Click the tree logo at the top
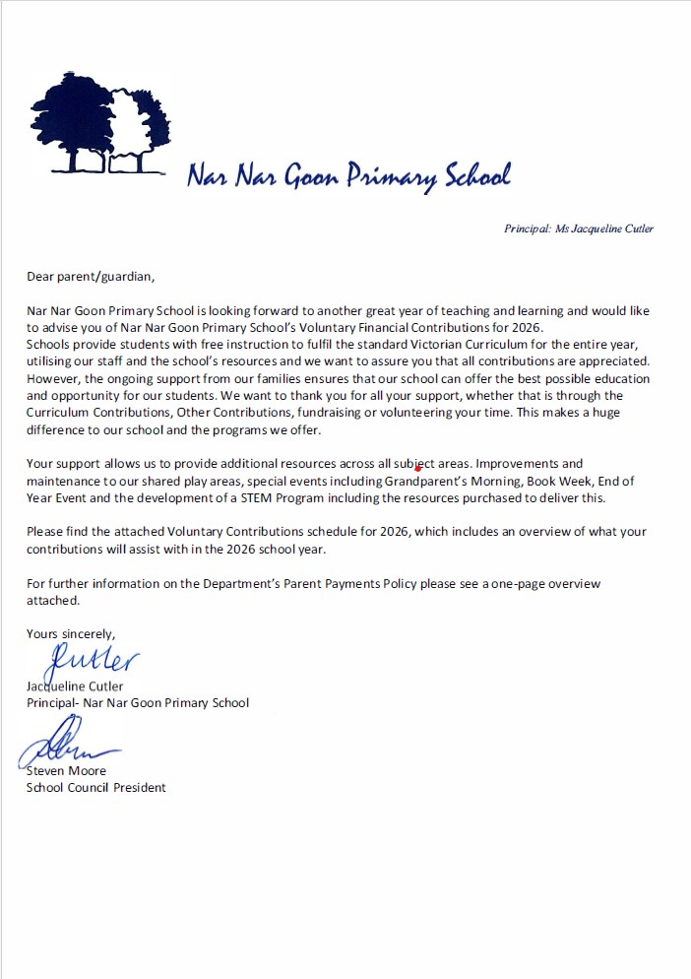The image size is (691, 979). tap(99, 116)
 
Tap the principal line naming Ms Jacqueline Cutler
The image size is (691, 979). tap(578, 228)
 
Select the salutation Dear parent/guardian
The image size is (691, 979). tap(91, 277)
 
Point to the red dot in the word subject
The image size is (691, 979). tap(418, 468)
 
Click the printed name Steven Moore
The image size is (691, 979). tap(66, 770)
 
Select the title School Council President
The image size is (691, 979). tap(95, 787)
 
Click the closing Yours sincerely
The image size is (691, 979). tap(71, 633)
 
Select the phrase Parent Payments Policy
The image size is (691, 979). tap(362, 583)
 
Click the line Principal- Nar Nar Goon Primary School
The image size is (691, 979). tap(138, 702)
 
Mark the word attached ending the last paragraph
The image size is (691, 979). tap(51, 599)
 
